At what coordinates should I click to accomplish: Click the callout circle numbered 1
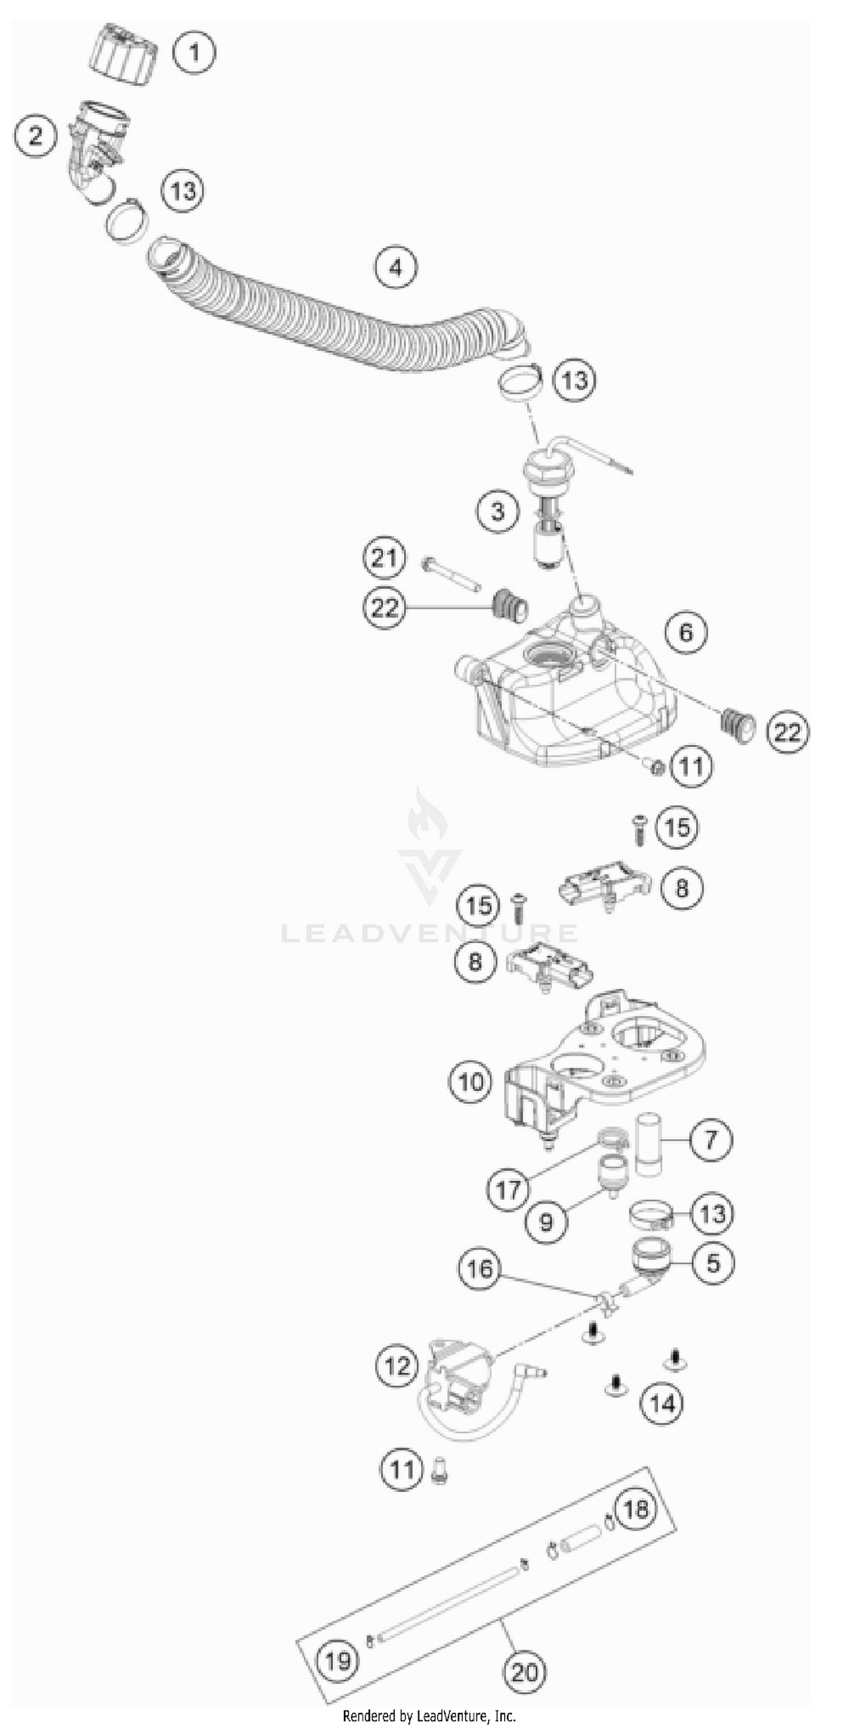(194, 52)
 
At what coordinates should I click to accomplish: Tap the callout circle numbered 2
(35, 135)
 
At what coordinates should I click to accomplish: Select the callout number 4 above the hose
(396, 267)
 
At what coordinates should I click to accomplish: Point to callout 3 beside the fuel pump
(498, 511)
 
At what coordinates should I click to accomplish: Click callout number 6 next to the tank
(686, 632)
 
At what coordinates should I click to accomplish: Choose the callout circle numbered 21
(384, 558)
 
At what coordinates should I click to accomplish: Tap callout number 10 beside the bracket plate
(470, 1081)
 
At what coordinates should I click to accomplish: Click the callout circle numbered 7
(710, 1139)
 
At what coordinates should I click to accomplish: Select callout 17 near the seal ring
(508, 1190)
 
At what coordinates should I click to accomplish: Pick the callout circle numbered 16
(480, 1269)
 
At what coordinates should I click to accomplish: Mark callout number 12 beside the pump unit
(397, 1365)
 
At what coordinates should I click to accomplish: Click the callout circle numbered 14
(662, 1403)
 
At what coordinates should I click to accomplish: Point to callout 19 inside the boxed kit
(338, 1661)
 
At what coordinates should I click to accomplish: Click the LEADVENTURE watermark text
(429, 933)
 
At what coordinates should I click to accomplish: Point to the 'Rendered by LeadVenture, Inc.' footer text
(429, 1716)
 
